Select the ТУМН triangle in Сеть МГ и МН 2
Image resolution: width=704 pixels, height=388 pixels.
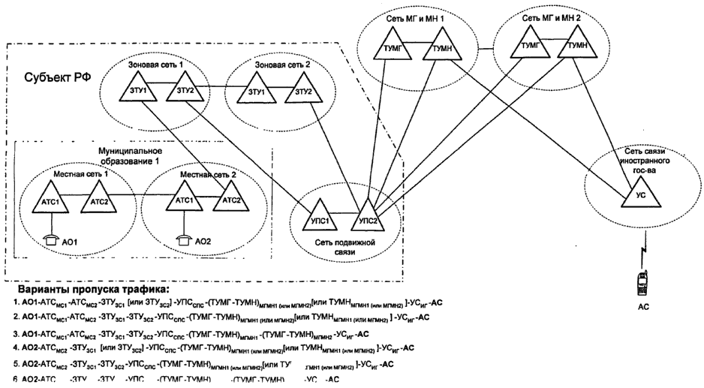tap(577, 47)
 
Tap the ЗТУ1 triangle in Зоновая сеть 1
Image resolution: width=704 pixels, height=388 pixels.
tap(138, 92)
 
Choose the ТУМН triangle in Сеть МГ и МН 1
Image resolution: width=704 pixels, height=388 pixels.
tap(440, 50)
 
